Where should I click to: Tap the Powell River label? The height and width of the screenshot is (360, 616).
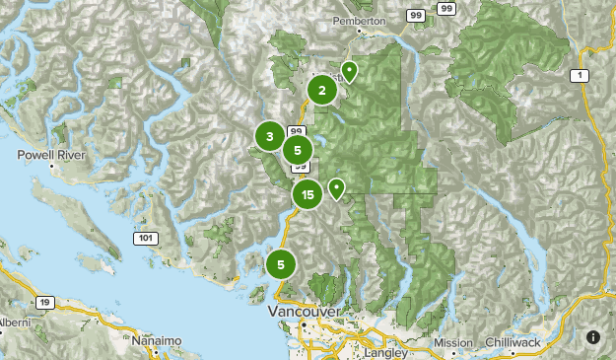coord(51,156)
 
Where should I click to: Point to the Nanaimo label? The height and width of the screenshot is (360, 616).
coord(157,340)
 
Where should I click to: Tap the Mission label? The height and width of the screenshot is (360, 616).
coord(453,342)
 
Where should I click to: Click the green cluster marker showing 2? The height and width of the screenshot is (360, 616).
coord(321,90)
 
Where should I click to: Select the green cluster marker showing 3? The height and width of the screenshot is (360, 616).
coord(269,136)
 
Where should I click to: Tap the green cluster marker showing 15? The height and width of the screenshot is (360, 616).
coord(308,195)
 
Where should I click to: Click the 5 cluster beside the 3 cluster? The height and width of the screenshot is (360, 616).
coord(297,150)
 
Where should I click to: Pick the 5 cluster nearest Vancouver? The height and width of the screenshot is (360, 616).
coord(281,264)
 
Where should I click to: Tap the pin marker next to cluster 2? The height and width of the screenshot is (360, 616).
coord(349,71)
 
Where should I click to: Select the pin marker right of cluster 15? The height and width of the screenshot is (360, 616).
coord(336,187)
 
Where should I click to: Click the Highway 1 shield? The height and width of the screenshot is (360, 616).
coord(581,75)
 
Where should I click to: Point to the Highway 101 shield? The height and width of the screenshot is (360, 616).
coord(144,238)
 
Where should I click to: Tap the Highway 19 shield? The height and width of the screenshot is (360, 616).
coord(45,303)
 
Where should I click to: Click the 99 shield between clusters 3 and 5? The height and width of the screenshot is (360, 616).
coord(296,130)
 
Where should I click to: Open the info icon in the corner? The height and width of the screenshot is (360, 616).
coord(593,337)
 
